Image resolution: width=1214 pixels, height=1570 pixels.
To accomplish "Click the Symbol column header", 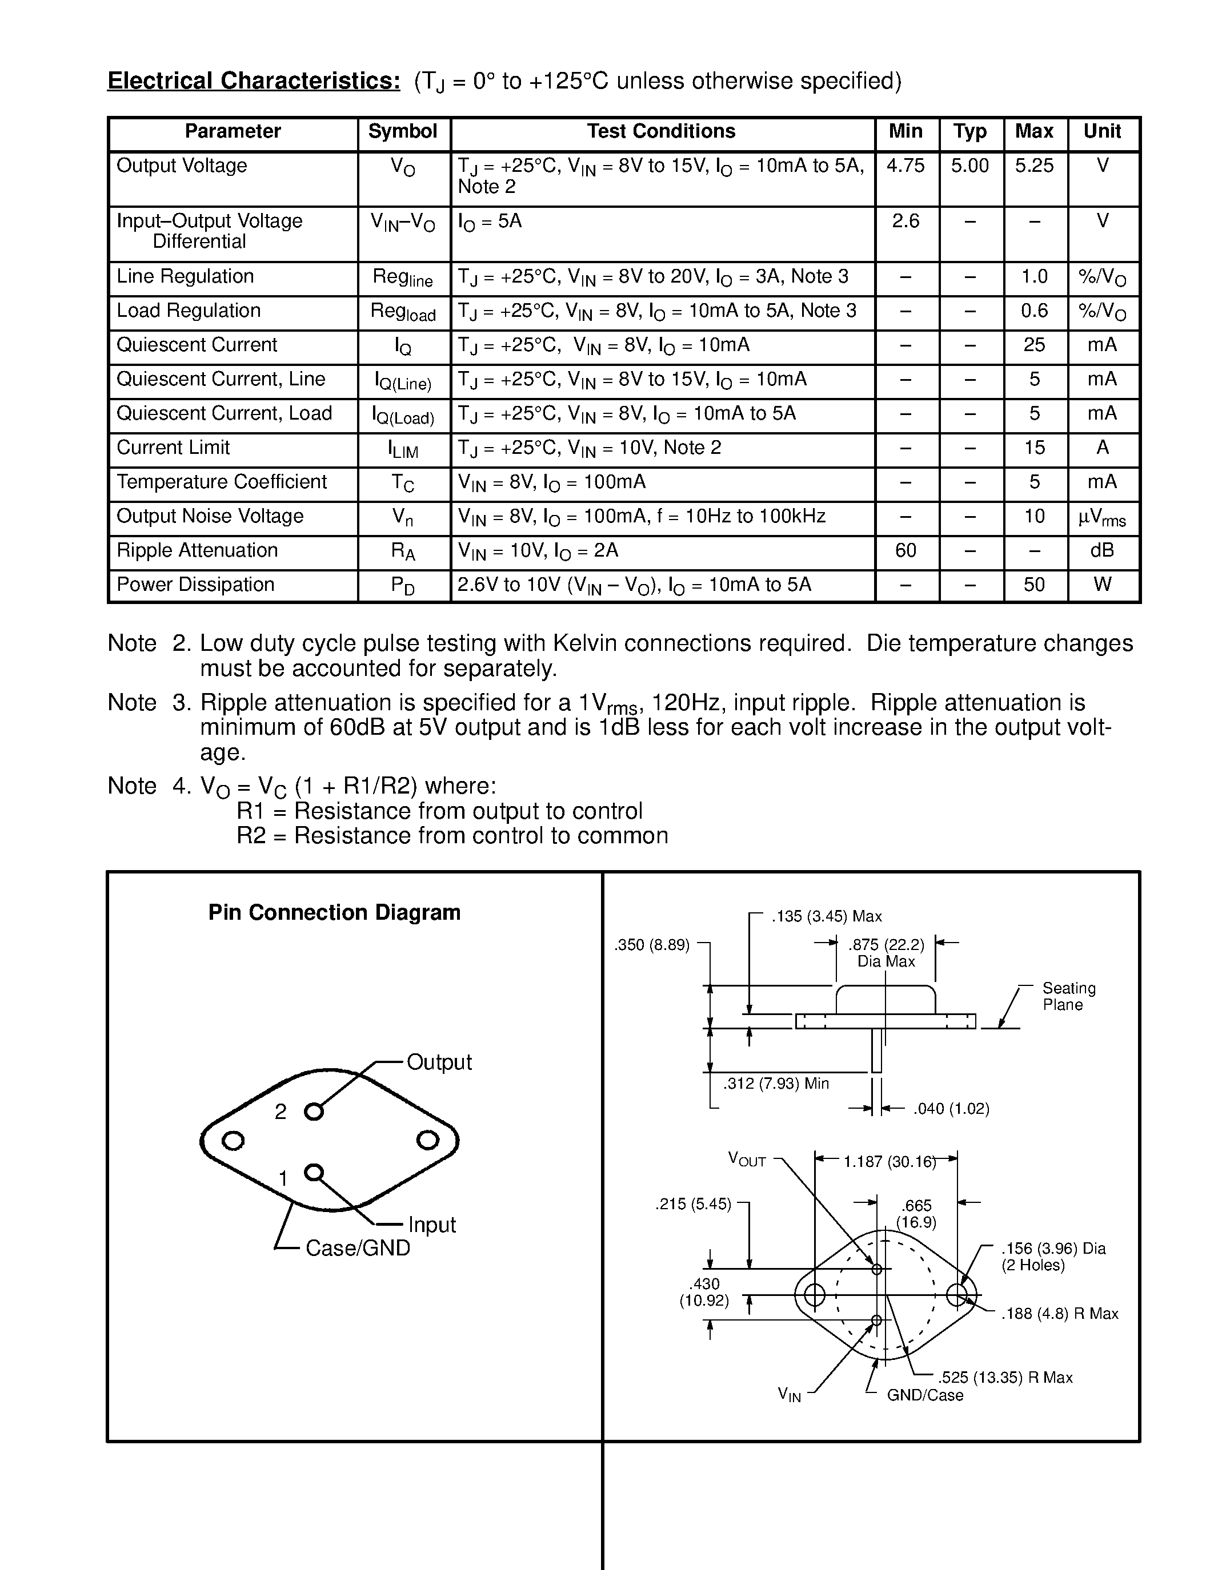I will tap(402, 131).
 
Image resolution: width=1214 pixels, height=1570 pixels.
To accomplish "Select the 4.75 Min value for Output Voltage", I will tap(906, 166).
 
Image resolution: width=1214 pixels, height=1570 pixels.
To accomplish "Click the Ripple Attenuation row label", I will tap(197, 551).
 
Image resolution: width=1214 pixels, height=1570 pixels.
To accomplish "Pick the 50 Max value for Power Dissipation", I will tap(1033, 585).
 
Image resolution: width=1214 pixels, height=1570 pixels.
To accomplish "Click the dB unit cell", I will tap(1102, 551).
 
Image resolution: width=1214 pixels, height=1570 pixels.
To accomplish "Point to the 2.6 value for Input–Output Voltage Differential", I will tap(906, 222).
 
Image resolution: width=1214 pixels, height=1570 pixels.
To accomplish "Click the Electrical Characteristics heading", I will tap(254, 81).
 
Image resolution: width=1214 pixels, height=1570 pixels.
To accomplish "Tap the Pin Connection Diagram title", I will tap(334, 913).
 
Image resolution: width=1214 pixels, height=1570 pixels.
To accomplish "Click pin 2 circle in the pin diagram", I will tap(314, 1112).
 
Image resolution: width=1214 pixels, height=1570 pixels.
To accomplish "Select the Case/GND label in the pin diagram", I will tap(358, 1248).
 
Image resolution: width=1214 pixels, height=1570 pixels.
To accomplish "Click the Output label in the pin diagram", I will tap(439, 1062).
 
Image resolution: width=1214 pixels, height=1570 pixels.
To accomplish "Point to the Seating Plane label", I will tap(1069, 997).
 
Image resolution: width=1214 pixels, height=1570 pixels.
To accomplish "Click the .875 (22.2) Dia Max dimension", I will tap(886, 953).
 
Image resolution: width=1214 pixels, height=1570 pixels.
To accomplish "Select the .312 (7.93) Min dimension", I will tap(776, 1084).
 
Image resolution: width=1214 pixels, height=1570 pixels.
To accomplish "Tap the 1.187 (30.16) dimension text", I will tap(889, 1162).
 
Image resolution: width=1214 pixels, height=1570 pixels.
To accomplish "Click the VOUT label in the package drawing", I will tap(747, 1159).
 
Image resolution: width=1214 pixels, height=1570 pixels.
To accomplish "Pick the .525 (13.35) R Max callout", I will tap(1005, 1378).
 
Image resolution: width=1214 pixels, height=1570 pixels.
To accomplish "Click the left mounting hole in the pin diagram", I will tap(233, 1141).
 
